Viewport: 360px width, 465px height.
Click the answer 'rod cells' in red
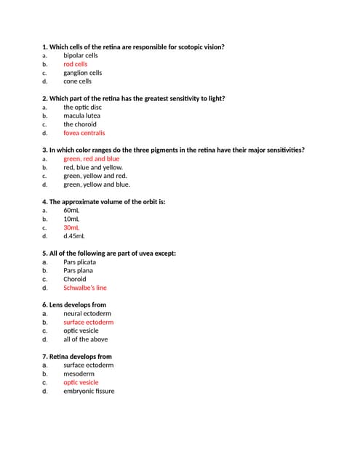pyautogui.click(x=75, y=64)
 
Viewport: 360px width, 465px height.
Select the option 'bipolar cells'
pyautogui.click(x=80, y=55)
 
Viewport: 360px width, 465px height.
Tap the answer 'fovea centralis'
pyautogui.click(x=84, y=133)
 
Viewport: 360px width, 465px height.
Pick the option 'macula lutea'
pyautogui.click(x=81, y=116)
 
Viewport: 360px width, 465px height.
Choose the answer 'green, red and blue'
pyautogui.click(x=91, y=158)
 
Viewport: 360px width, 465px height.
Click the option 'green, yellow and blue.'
pyautogui.click(x=96, y=185)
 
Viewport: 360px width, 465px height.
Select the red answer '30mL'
pyautogui.click(x=71, y=227)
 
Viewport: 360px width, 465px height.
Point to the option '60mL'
pyautogui.click(x=71, y=210)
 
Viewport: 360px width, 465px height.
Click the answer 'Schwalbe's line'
pyautogui.click(x=84, y=288)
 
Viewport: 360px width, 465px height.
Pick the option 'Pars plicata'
pyautogui.click(x=79, y=262)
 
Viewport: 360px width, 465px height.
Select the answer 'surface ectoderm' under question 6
pyautogui.click(x=88, y=322)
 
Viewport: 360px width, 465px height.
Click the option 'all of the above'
pyautogui.click(x=85, y=339)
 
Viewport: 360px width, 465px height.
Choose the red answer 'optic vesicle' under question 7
pyautogui.click(x=81, y=382)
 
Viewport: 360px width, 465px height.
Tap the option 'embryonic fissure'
pyautogui.click(x=89, y=391)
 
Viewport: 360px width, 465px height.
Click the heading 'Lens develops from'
pyautogui.click(x=77, y=304)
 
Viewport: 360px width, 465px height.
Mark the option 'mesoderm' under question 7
pyautogui.click(x=79, y=373)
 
